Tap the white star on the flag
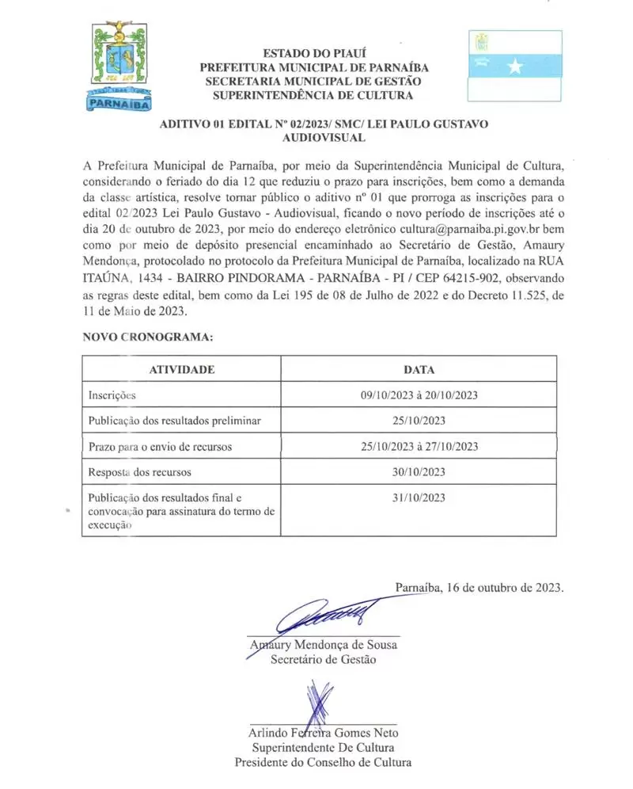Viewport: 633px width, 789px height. click(515, 67)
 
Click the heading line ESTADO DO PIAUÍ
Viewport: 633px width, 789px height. click(313, 53)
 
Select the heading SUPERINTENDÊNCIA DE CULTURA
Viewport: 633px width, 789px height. click(313, 96)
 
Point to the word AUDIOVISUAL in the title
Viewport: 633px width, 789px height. click(324, 138)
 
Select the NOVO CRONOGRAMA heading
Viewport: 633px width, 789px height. click(148, 337)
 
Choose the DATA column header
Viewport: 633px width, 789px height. click(419, 369)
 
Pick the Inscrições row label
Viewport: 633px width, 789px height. click(112, 394)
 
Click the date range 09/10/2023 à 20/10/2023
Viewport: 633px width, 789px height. click(419, 394)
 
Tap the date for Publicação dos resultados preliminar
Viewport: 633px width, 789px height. click(419, 421)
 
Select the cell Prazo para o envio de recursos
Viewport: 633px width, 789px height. click(160, 447)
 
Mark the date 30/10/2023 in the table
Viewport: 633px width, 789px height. click(419, 472)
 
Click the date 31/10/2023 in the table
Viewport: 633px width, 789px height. click(419, 497)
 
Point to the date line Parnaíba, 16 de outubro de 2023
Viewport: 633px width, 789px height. click(479, 588)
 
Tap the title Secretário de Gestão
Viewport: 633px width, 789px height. click(323, 659)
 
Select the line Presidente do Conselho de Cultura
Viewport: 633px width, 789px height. click(323, 762)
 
